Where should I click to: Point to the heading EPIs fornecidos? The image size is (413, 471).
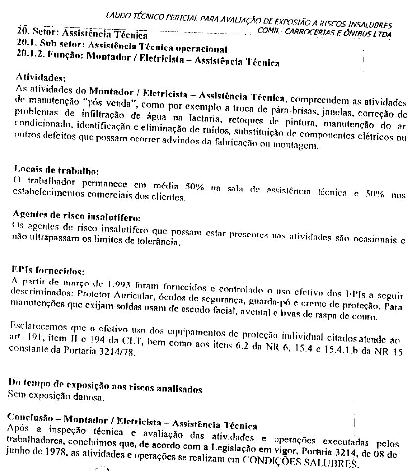(x=44, y=271)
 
